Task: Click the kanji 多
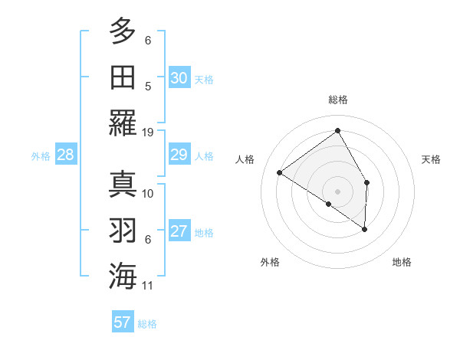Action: (123, 31)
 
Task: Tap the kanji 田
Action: (123, 77)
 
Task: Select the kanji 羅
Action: (123, 123)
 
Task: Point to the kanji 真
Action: (123, 185)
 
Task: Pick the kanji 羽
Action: (123, 230)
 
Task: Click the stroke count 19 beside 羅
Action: (148, 132)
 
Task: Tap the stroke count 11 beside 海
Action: (148, 286)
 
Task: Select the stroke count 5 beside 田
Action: (148, 86)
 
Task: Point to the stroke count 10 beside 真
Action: (148, 193)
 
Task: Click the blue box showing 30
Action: (179, 78)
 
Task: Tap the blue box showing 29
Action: (179, 155)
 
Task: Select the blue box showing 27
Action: (179, 232)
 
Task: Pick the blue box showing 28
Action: (66, 155)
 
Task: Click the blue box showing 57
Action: (123, 322)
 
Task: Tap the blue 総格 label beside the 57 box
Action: (147, 324)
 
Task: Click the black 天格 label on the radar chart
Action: (431, 159)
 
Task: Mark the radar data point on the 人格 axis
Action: (280, 172)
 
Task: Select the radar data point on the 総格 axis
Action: (337, 131)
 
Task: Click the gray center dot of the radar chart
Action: (337, 191)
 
